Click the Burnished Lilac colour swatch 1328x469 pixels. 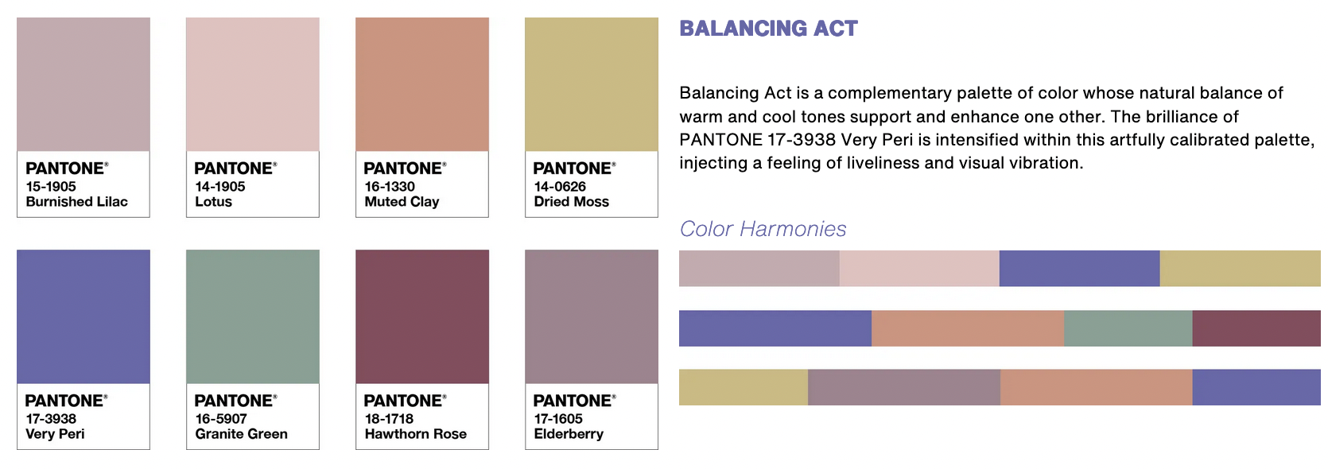[83, 84]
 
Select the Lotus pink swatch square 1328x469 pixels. [253, 84]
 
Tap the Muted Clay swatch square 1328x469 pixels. [422, 84]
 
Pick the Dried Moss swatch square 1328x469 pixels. [592, 84]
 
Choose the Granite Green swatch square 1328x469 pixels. [253, 316]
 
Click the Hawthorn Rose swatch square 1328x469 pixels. [422, 316]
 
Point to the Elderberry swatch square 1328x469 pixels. [592, 316]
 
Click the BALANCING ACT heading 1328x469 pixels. [768, 29]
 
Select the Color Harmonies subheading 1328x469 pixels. [763, 229]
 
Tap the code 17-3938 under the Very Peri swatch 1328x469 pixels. [51, 419]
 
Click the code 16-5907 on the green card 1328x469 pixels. [221, 419]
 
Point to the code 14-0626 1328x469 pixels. [560, 186]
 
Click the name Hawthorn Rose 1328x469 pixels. [416, 434]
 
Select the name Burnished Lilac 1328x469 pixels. [76, 202]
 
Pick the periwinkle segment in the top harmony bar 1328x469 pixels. [1080, 269]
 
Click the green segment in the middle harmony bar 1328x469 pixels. [1128, 328]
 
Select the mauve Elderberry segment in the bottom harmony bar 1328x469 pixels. [904, 388]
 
